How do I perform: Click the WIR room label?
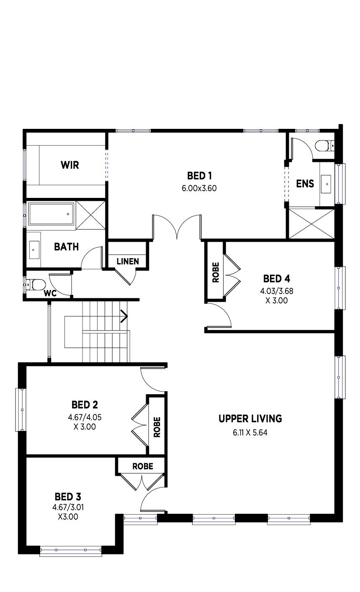click(69, 165)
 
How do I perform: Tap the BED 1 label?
click(199, 175)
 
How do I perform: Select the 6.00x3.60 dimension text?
click(199, 188)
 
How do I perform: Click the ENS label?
click(305, 184)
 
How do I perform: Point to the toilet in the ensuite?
click(324, 146)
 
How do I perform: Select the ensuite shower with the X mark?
click(311, 223)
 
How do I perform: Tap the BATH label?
click(66, 247)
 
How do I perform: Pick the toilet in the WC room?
click(36, 285)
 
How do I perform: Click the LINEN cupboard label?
click(127, 261)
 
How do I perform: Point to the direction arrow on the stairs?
click(124, 317)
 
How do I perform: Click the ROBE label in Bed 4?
click(216, 272)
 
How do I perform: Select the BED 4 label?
click(276, 279)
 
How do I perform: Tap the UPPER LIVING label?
click(250, 418)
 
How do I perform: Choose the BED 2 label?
click(85, 405)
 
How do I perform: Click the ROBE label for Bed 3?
click(142, 466)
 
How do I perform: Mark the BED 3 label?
click(68, 497)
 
